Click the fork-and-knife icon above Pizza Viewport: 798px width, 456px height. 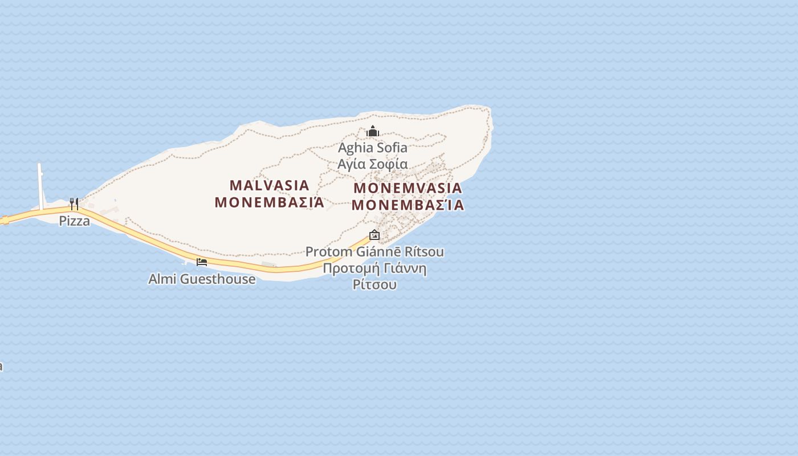tap(74, 203)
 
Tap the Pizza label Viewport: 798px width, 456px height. tap(75, 221)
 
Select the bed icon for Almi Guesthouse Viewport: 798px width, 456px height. tap(202, 262)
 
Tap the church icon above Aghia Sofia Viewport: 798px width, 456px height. tap(373, 132)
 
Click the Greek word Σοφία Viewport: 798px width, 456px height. tap(388, 165)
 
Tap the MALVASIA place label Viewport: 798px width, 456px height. tap(270, 185)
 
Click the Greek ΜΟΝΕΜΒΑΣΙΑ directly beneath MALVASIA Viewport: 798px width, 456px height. tap(270, 202)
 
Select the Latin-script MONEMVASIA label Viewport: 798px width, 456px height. tap(408, 188)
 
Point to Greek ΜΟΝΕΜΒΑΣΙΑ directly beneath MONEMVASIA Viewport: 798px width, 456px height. tap(408, 205)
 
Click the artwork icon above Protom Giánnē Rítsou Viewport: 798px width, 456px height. tap(374, 235)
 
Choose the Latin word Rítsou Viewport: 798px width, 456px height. tap(424, 252)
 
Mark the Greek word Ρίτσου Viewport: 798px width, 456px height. tap(374, 284)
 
